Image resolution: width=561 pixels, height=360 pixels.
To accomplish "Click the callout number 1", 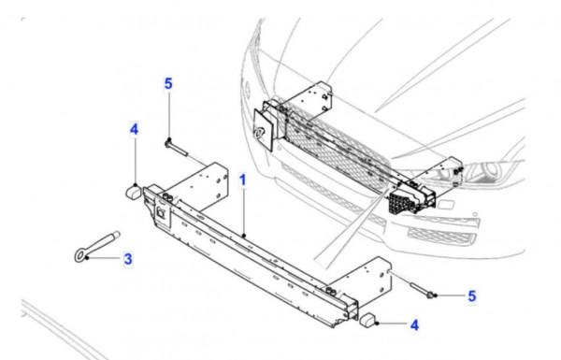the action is click(243, 180).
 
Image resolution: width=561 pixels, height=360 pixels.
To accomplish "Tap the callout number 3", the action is click(128, 259).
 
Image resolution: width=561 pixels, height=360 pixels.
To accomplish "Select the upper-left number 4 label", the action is click(134, 129).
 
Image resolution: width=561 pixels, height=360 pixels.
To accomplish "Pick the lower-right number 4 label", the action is click(414, 325).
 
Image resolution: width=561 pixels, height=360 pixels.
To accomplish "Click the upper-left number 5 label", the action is click(168, 84).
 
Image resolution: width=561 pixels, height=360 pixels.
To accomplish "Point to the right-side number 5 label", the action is click(472, 296).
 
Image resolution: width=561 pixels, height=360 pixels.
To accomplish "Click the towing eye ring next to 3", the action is click(80, 256).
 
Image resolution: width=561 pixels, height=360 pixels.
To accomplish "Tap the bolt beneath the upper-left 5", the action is click(177, 148).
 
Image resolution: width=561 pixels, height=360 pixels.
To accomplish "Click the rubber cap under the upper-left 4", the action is click(134, 193).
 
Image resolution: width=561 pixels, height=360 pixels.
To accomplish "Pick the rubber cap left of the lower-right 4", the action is click(367, 320).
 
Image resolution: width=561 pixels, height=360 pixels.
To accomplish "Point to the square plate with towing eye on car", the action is click(264, 130).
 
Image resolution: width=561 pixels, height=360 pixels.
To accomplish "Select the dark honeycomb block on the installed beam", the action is click(400, 202).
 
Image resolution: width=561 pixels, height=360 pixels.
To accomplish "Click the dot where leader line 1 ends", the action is click(243, 236).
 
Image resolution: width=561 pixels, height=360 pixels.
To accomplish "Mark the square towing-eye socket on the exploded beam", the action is click(162, 213).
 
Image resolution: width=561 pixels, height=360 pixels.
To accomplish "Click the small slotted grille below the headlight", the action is click(442, 237).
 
